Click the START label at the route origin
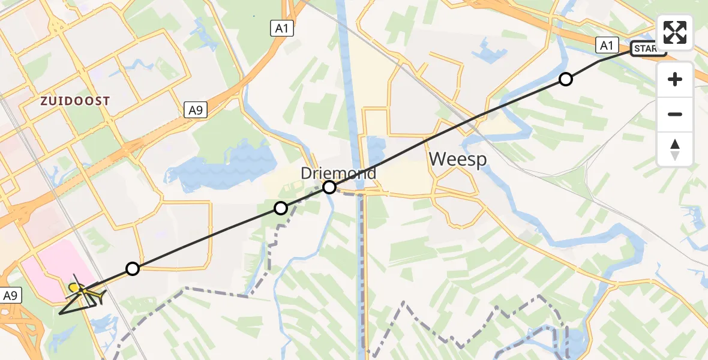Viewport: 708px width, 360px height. point(648,49)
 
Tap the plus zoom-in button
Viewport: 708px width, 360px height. point(675,79)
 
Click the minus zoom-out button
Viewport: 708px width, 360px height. point(675,114)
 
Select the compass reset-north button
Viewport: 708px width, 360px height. point(675,149)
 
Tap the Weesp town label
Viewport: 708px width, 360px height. point(457,160)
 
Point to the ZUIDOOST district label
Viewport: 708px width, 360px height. point(76,101)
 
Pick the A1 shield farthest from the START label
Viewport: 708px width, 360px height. point(281,28)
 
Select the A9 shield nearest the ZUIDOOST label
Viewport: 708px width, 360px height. point(194,110)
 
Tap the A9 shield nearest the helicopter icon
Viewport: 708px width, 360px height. point(11,295)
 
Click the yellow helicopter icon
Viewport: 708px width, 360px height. point(84,292)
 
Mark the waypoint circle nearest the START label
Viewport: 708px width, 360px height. point(566,79)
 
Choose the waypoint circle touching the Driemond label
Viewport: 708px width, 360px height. point(329,187)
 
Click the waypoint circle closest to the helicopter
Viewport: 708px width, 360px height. point(133,269)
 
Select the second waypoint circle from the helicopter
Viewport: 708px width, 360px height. point(281,208)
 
